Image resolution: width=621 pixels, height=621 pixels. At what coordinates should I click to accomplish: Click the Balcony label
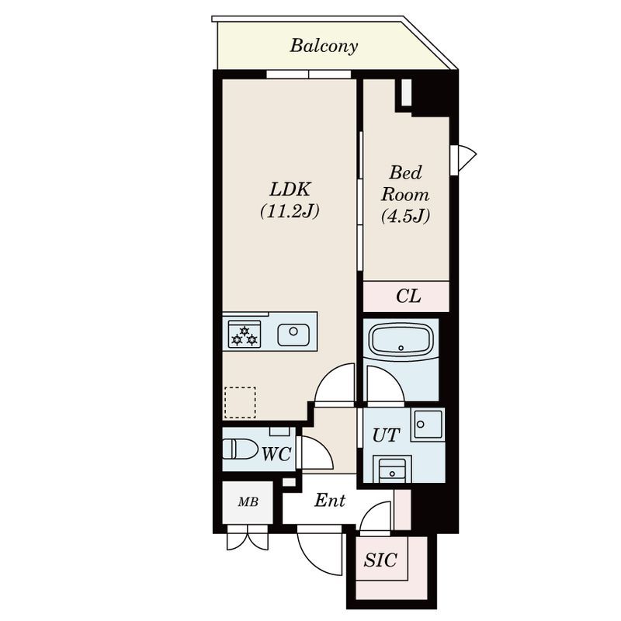point(324,46)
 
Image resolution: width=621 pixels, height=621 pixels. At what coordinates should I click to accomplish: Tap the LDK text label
point(290,189)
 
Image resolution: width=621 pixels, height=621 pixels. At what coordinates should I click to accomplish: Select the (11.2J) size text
point(290,211)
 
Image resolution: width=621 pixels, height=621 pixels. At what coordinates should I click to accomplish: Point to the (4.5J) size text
point(405,216)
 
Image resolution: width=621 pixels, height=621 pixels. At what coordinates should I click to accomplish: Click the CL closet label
point(408,296)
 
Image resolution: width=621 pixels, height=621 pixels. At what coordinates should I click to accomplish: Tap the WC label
point(277,454)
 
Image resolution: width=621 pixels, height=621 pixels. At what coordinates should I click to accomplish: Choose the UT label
point(386,435)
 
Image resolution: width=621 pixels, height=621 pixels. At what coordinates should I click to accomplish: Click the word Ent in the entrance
point(329,501)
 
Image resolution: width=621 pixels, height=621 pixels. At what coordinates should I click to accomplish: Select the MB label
point(248,502)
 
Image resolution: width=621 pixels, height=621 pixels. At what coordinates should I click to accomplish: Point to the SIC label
point(380,560)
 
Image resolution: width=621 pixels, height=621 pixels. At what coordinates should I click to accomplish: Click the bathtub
point(401,340)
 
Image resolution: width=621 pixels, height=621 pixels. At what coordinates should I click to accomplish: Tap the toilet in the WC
point(240,449)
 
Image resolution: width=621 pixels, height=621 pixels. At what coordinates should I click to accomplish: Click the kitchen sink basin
point(293,335)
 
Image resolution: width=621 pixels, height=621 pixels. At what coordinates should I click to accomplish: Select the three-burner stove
point(245,335)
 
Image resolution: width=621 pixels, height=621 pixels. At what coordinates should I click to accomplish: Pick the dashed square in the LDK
point(240,402)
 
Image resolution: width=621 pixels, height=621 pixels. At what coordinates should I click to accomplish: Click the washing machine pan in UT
point(428,425)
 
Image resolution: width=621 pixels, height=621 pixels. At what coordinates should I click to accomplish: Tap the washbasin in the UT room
point(392,470)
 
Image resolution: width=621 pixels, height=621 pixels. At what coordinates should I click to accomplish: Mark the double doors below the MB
point(248,537)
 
